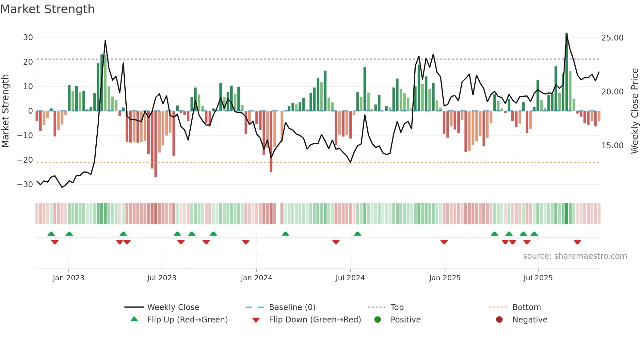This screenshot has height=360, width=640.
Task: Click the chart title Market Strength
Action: tap(47, 9)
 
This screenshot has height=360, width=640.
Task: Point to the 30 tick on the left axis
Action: tap(28, 38)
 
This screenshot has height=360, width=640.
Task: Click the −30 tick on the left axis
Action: tap(25, 185)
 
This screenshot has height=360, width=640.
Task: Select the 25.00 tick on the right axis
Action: tap(612, 38)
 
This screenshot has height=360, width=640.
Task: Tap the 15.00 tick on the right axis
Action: tap(612, 146)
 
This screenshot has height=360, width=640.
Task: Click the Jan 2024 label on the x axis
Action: tap(256, 278)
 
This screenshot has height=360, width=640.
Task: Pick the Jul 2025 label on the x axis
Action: tap(538, 278)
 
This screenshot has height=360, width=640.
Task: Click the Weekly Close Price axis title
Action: tap(634, 111)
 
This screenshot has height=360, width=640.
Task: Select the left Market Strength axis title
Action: tap(6, 111)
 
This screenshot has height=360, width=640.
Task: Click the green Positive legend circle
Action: tap(378, 320)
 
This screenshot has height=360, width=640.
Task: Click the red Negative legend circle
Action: tap(499, 320)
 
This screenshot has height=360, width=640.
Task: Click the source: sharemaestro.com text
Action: tap(575, 256)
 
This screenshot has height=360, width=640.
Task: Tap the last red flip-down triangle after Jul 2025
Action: tap(577, 242)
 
